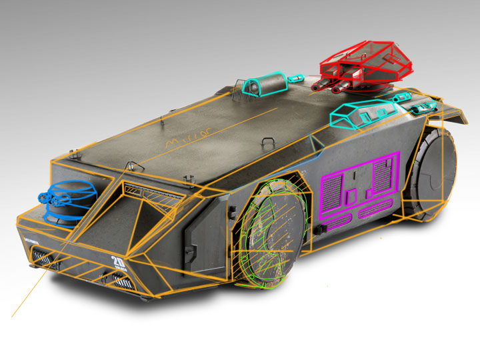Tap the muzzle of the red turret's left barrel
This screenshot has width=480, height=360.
pos(313,87)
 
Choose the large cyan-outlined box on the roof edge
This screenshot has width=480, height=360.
pos(353,115)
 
